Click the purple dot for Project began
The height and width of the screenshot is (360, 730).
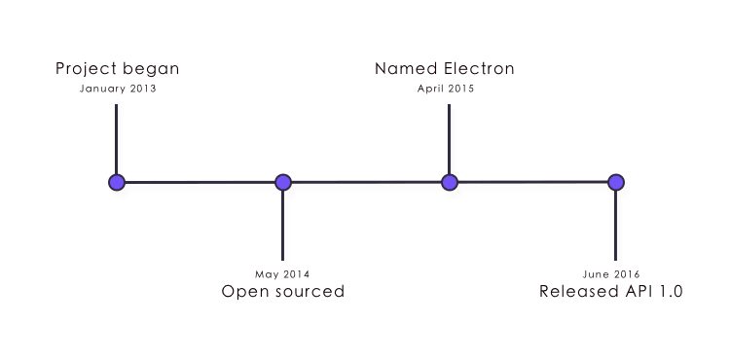(117, 182)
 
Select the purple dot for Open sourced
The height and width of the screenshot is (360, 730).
(283, 182)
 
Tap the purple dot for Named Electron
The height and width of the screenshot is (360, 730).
(449, 182)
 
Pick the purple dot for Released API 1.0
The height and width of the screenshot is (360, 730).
(615, 182)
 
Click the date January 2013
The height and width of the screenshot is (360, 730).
(117, 89)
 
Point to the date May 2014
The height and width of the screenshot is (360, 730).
(283, 274)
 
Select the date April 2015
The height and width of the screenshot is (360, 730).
(445, 89)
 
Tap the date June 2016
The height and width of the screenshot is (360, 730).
(611, 274)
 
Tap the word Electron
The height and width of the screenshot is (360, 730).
(476, 69)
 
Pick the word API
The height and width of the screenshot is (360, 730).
(639, 292)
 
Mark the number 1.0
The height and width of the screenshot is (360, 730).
(671, 292)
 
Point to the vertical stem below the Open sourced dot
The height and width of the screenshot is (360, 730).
(283, 226)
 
